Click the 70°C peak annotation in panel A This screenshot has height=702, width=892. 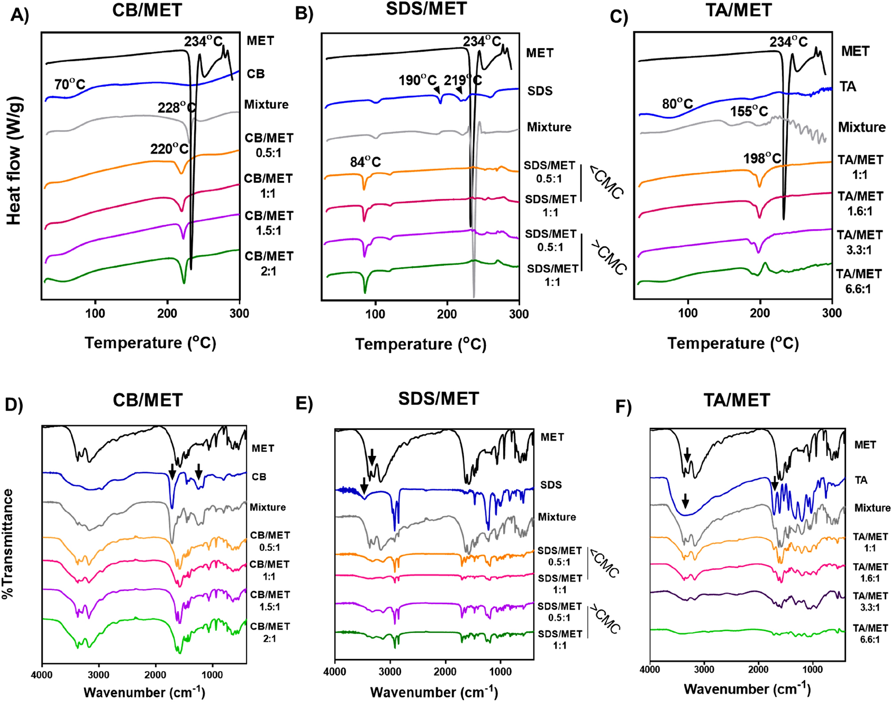pos(70,84)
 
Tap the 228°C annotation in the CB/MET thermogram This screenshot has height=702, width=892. pos(176,108)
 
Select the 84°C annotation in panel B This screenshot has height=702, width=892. pos(365,162)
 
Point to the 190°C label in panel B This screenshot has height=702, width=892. pos(417,81)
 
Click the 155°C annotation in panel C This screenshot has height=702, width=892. pos(749,111)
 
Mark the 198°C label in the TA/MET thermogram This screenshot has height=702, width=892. pos(762,158)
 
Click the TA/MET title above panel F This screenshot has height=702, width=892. pos(737,400)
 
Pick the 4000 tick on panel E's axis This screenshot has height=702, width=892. pos(335,671)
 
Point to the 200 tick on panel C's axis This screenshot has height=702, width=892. pos(760,313)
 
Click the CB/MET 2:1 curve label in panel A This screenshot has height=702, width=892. pos(269,263)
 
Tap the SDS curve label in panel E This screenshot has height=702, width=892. pos(551,485)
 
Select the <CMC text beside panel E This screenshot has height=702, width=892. pos(604,563)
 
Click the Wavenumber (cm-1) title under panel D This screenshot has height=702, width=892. pos(144,692)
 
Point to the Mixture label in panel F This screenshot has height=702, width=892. pos(872,508)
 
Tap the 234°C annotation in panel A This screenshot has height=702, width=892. pos(203,42)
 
